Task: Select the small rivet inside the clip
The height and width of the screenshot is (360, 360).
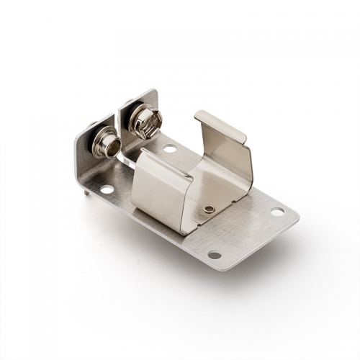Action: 209,209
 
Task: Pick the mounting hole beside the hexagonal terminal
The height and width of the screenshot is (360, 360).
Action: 170,149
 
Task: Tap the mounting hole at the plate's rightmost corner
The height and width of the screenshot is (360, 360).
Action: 277,212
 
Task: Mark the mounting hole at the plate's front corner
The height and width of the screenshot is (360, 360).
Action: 215,254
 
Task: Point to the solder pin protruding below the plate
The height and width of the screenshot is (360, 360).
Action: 86,191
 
